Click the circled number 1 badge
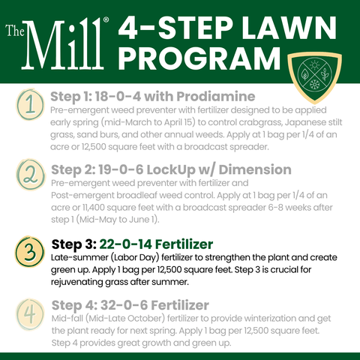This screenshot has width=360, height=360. (x=30, y=104)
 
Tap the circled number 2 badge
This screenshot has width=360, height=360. (x=31, y=175)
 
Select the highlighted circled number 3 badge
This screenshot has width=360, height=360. (x=30, y=251)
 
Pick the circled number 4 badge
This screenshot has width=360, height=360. (x=30, y=314)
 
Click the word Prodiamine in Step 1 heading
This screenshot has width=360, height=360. (x=216, y=97)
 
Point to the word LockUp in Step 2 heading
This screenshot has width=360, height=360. (x=171, y=170)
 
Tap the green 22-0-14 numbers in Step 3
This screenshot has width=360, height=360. (x=125, y=244)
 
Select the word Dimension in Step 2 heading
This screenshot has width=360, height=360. (x=255, y=169)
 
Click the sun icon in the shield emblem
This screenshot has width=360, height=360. (x=314, y=65)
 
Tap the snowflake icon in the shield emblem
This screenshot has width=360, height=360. (x=314, y=84)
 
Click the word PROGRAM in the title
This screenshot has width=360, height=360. (x=199, y=58)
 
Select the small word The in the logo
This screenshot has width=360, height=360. (x=15, y=30)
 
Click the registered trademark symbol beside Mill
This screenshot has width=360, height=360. (x=106, y=19)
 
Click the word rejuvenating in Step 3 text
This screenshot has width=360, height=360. (x=76, y=282)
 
